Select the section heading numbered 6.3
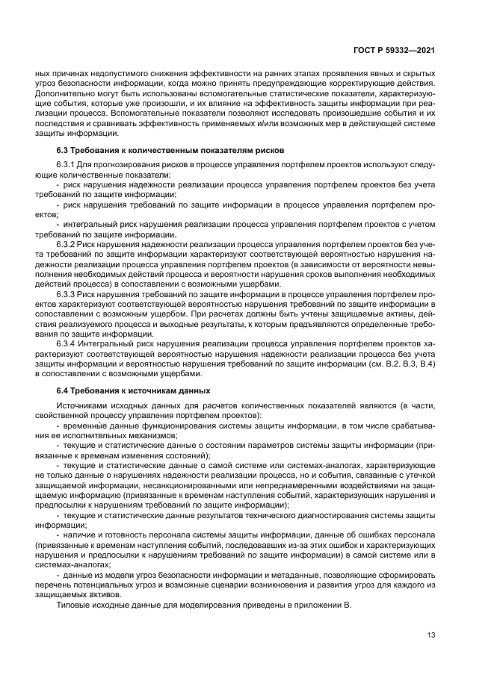coord(170,150)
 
